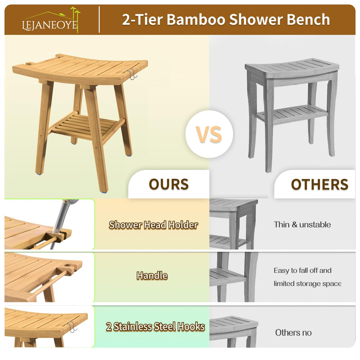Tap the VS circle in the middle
[x=209, y=134]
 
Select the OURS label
[x=169, y=184]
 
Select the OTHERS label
[x=319, y=184]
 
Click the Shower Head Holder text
[x=153, y=225]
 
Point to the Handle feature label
[x=152, y=275]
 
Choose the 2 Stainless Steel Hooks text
[x=155, y=326]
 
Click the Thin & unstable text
[x=302, y=224]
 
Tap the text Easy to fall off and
[x=302, y=270]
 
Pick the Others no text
[x=293, y=332]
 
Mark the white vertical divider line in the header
[x=99, y=20]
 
